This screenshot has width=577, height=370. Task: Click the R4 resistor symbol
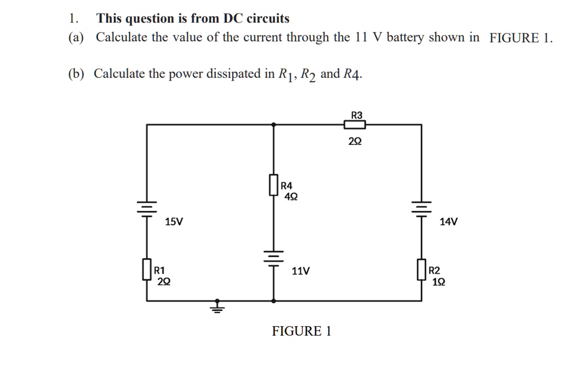click(x=274, y=186)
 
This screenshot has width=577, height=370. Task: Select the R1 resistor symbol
click(x=147, y=269)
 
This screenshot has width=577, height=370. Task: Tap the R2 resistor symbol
click(x=421, y=269)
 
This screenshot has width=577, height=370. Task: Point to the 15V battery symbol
click(x=147, y=209)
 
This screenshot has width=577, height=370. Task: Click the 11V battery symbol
click(x=274, y=258)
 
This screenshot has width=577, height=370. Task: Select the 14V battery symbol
click(x=421, y=209)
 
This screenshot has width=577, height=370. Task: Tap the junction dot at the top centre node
click(x=274, y=124)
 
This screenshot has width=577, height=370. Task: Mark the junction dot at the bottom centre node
click(x=274, y=301)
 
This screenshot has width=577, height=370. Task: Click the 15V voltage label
click(x=174, y=222)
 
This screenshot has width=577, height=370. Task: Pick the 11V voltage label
click(x=300, y=271)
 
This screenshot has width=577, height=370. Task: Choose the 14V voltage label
click(x=449, y=222)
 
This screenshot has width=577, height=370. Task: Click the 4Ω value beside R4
click(x=291, y=197)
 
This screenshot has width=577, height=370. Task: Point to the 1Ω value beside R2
click(x=438, y=281)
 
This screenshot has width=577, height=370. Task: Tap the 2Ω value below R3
click(x=355, y=142)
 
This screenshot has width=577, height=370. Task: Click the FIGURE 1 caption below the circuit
click(x=301, y=331)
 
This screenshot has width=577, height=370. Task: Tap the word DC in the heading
click(x=233, y=19)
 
